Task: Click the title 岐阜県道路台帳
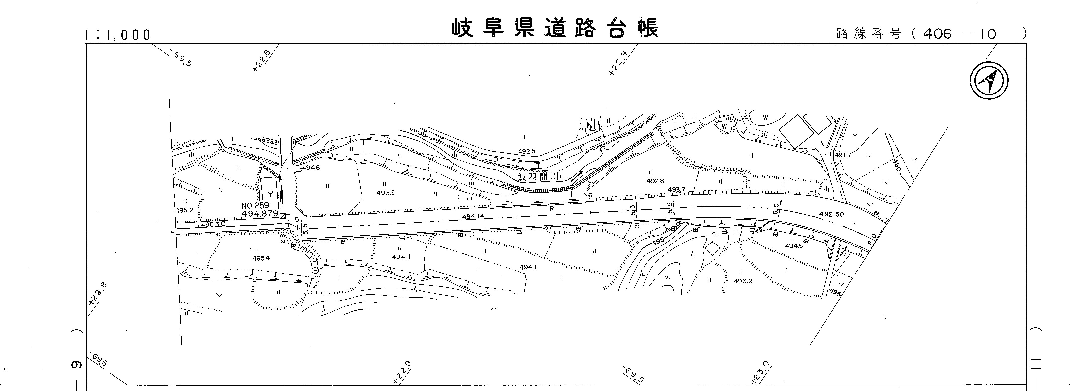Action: pos(555,28)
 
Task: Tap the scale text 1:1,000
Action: pos(117,35)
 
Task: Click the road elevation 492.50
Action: pos(831,214)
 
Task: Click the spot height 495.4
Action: pos(261,258)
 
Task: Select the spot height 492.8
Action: pos(655,181)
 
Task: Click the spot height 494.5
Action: pos(794,246)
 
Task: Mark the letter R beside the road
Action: pos(552,209)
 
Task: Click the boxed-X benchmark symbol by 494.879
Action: pos(283,216)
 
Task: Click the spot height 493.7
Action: pos(676,190)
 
